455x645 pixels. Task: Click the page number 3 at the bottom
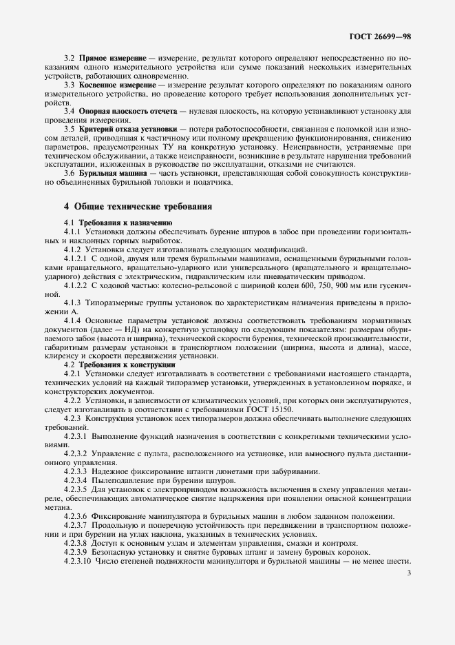click(410, 573)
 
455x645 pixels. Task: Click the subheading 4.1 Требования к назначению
click(118, 223)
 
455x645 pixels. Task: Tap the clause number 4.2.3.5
click(77, 489)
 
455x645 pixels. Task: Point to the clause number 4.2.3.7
click(77, 525)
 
